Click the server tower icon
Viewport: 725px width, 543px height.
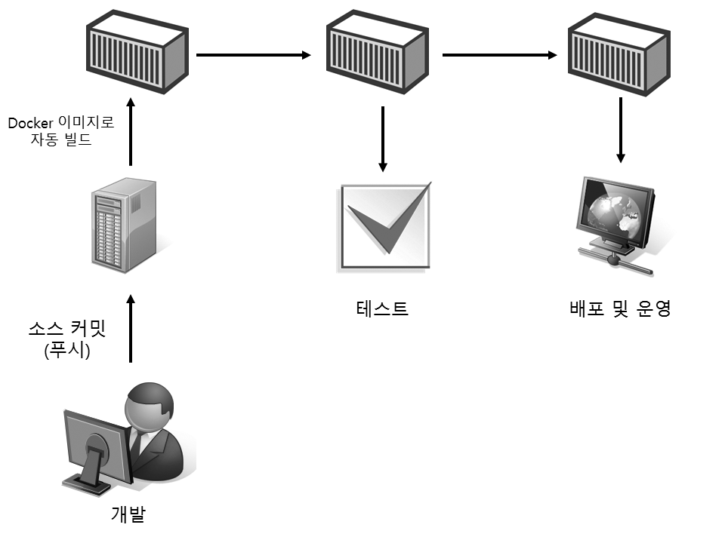[123, 225]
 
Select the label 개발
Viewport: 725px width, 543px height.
[128, 514]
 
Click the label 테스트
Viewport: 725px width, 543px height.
[382, 308]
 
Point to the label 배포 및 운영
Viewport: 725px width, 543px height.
[620, 308]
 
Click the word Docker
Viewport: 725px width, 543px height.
[28, 124]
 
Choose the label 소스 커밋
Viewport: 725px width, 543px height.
[66, 330]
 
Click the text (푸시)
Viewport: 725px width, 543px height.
[67, 351]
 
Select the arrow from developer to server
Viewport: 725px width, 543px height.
[131, 330]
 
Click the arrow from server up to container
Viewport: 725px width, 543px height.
[131, 132]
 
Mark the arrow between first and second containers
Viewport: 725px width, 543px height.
[253, 55]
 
